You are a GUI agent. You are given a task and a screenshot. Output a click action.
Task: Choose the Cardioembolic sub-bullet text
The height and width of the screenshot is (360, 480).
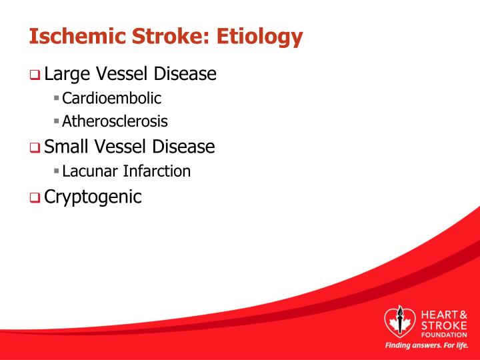112,99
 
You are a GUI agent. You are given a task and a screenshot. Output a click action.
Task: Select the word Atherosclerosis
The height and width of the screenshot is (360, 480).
115,122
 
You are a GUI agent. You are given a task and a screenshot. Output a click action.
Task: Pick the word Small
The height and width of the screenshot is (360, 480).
69,146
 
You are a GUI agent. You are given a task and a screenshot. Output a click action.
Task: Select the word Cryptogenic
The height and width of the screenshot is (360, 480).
93,197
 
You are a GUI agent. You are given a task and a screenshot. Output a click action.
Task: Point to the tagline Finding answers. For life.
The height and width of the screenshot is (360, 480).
427,346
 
